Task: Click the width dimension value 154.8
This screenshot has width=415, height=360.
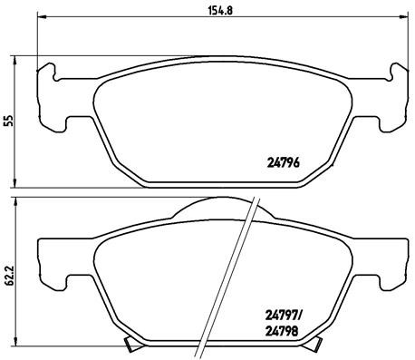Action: [x=215, y=12]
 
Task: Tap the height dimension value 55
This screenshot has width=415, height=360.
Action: [x=9, y=120]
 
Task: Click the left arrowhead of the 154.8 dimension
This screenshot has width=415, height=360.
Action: [x=41, y=22]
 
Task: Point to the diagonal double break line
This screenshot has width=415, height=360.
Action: [x=237, y=272]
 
